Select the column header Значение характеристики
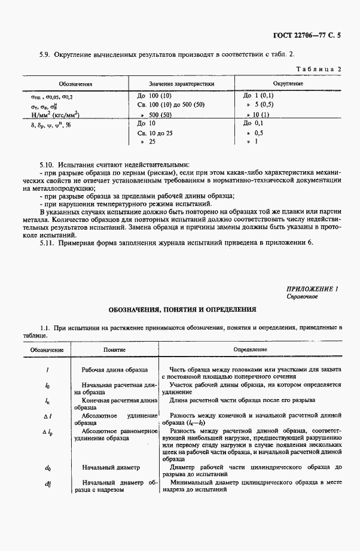tap(181, 84)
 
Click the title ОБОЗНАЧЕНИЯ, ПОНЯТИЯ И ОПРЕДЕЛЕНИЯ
tap(182, 310)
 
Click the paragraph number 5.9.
tap(44, 54)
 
